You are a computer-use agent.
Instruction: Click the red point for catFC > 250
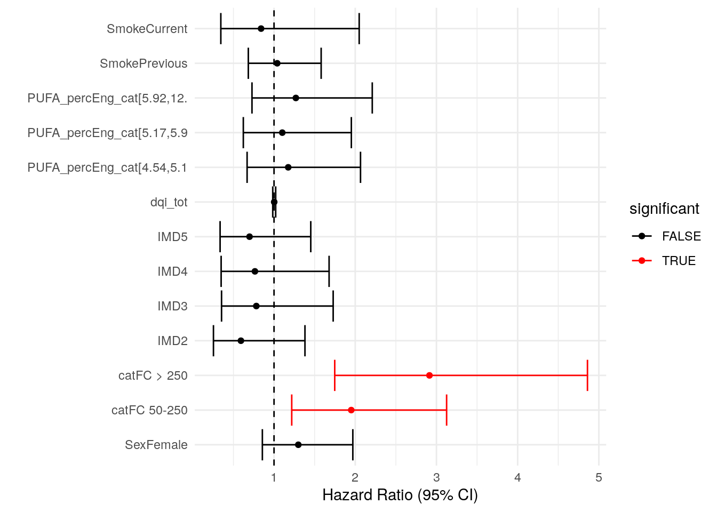pyautogui.click(x=429, y=375)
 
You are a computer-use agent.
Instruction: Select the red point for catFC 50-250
pyautogui.click(x=351, y=410)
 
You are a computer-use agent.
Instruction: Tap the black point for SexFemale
pyautogui.click(x=298, y=445)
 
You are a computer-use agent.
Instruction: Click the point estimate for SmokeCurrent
pyautogui.click(x=261, y=29)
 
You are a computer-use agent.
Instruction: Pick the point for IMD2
pyautogui.click(x=241, y=341)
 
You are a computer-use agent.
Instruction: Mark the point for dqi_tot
pyautogui.click(x=274, y=202)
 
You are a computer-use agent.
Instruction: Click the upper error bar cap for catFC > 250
pyautogui.click(x=587, y=375)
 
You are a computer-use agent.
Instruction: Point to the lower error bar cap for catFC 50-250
pyautogui.click(x=292, y=410)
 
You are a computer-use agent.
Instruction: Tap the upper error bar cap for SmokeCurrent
pyautogui.click(x=359, y=29)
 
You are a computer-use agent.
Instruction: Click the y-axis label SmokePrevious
pyautogui.click(x=144, y=63)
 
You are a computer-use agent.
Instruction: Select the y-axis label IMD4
pyautogui.click(x=172, y=271)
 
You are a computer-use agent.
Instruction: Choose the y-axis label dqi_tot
pyautogui.click(x=169, y=202)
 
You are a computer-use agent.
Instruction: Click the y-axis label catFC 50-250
pyautogui.click(x=149, y=410)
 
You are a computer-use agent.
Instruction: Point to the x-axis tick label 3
pyautogui.click(x=436, y=477)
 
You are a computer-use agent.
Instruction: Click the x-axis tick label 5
pyautogui.click(x=599, y=477)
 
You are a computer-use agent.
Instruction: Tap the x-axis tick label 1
pyautogui.click(x=274, y=477)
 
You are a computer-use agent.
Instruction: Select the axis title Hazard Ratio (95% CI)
pyautogui.click(x=400, y=495)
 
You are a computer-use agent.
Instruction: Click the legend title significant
pyautogui.click(x=664, y=209)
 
